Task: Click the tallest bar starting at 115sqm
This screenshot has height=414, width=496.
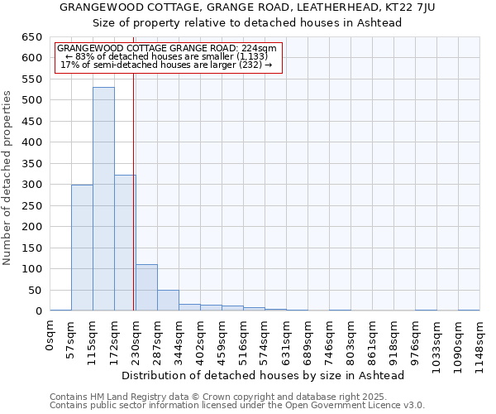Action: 103,199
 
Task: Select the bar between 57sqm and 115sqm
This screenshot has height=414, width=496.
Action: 82,248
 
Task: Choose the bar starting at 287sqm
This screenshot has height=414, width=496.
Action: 168,301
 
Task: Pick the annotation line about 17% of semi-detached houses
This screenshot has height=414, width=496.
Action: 167,65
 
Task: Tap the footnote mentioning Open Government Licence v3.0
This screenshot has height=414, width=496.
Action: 237,405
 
